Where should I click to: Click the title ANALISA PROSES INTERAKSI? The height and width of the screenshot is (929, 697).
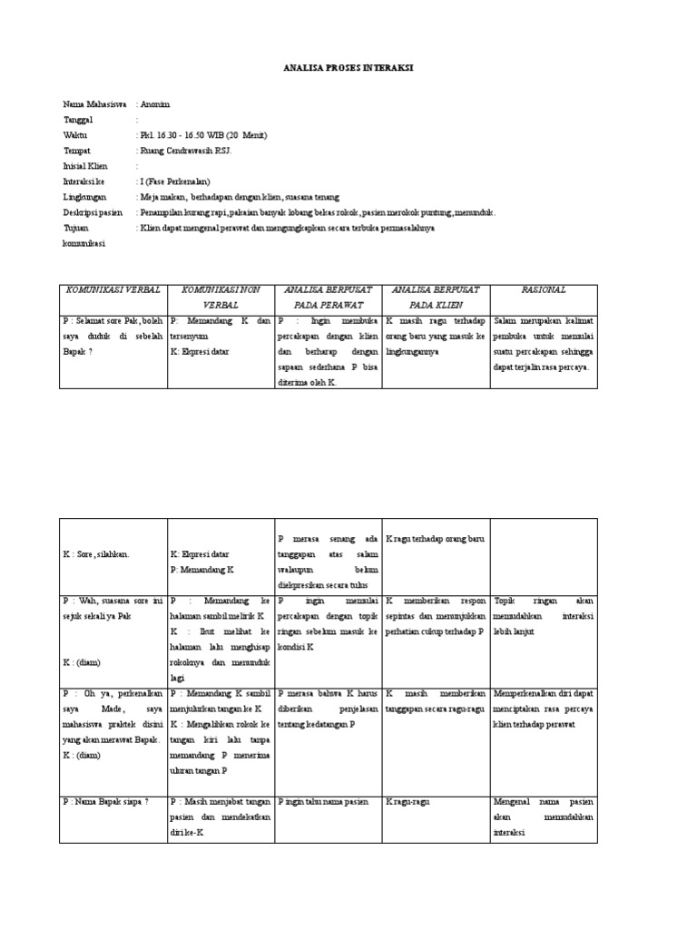(x=348, y=67)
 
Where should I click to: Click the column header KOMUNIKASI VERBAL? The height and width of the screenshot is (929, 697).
(x=113, y=289)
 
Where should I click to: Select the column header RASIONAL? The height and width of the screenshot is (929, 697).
(x=544, y=289)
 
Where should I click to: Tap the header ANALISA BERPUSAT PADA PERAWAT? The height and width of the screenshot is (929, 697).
(x=329, y=298)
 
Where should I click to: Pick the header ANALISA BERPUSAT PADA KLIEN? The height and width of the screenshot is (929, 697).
(x=436, y=298)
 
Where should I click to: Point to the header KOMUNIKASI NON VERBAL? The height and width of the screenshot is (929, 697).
(x=221, y=298)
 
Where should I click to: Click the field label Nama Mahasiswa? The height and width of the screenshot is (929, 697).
(x=94, y=105)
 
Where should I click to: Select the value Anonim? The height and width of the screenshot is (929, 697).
(x=155, y=105)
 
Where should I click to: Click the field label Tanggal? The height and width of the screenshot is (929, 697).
(x=79, y=120)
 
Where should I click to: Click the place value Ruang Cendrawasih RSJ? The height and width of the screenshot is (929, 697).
(x=187, y=151)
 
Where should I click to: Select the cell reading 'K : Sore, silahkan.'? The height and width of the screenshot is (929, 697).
(x=96, y=553)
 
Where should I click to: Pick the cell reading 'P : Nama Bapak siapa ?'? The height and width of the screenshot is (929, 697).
(x=106, y=802)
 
